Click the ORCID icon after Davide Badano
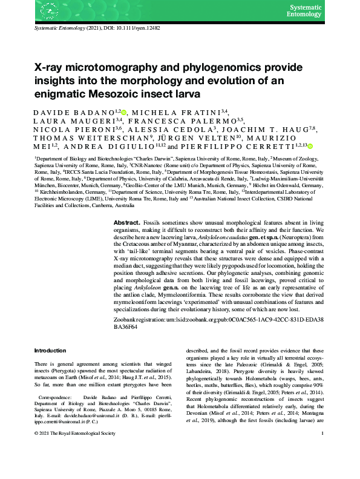[x=124, y=112]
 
